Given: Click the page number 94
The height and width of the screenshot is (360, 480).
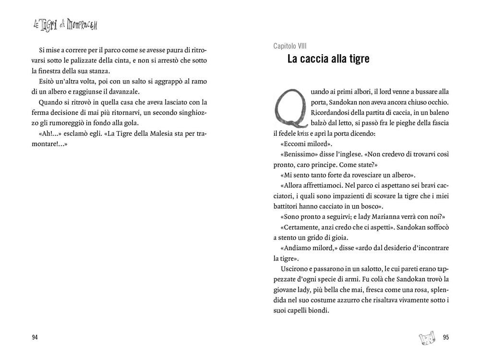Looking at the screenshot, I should coord(35,337).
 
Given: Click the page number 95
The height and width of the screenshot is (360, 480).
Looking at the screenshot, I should coord(445,337).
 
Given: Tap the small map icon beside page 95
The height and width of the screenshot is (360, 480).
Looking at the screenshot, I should coord(427,336).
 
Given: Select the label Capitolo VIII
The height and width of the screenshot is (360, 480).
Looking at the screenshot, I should coord(290,46).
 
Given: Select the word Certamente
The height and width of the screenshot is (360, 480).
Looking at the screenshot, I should coord(300,227).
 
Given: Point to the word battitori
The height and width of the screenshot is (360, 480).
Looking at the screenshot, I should coord(288,206).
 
